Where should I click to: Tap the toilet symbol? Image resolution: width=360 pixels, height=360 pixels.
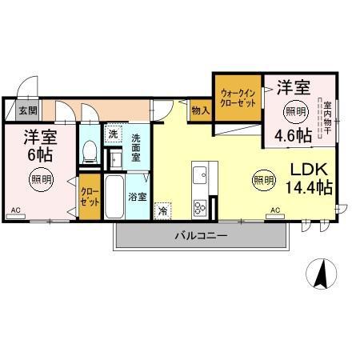pos(90,149)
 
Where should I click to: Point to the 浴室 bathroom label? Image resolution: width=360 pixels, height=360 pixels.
pos(138,195)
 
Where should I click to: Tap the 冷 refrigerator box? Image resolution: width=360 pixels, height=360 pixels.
pos(162,211)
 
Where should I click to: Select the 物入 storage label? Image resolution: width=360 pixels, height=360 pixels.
pos(201,110)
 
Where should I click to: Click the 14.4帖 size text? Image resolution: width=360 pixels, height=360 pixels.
pos(309,187)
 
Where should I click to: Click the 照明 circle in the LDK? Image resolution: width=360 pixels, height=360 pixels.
pos(263,180)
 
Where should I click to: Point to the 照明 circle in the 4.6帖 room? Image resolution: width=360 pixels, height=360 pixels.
pos(295,110)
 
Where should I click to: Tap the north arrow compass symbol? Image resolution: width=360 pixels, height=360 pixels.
pos(322,275)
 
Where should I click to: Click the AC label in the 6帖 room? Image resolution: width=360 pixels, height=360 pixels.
pos(15,210)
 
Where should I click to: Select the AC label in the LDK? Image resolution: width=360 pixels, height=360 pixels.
pos(275,210)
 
